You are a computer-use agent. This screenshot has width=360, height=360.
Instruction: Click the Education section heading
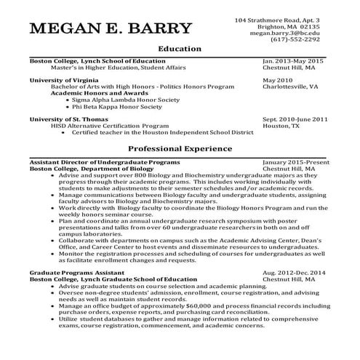pos(179,49)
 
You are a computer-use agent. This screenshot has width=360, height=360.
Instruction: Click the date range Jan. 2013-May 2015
pos(293,61)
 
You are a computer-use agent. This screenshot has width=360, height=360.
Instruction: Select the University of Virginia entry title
pos(64,79)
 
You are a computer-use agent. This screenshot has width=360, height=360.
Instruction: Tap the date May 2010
pos(278,79)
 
